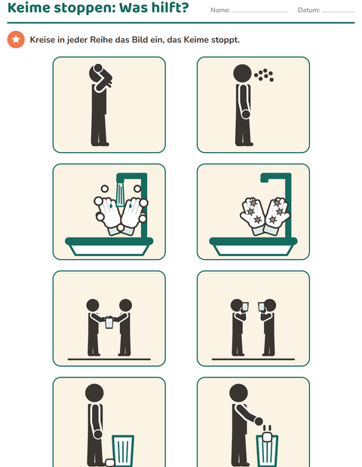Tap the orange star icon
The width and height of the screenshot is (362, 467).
[16, 39]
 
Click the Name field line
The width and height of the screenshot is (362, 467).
[259, 12]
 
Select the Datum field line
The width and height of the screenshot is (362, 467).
[338, 12]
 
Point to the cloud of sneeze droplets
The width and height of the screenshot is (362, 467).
[264, 75]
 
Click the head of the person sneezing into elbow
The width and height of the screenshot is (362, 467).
[97, 72]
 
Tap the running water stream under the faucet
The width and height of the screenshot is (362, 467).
[120, 194]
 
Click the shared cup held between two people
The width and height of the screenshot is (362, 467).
[109, 322]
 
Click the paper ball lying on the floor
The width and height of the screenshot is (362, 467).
[110, 462]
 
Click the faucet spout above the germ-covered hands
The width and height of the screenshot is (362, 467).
[276, 177]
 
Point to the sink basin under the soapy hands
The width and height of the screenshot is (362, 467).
[109, 246]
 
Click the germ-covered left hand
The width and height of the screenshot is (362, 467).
[252, 212]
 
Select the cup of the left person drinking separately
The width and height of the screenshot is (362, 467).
[245, 307]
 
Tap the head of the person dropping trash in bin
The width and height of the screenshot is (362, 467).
[238, 392]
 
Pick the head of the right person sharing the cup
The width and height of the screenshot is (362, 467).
[125, 305]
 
